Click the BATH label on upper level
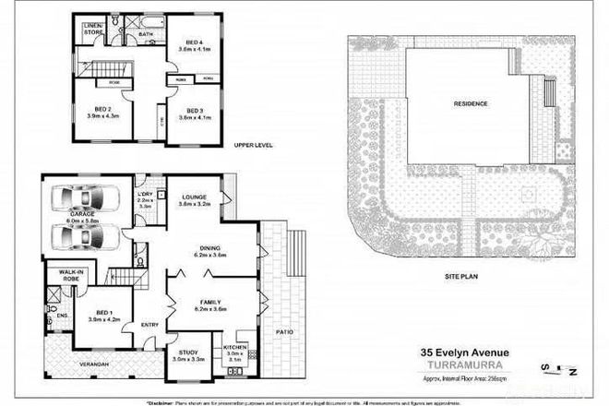145,34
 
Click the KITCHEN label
234,348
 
